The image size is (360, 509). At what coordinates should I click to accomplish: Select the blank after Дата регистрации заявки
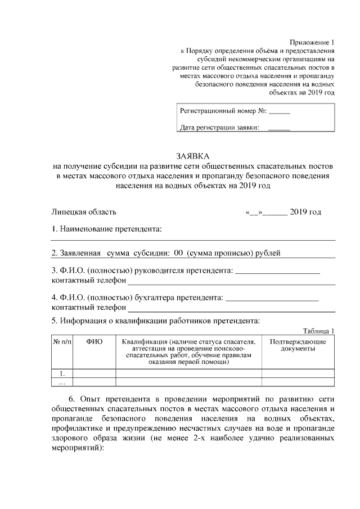point(279,128)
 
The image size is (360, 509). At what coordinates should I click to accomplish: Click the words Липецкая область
point(84,212)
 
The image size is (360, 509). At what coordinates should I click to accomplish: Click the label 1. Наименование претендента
point(106,229)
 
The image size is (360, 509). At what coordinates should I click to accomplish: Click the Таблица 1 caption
point(318,331)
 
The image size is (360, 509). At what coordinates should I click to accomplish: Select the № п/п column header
point(62,342)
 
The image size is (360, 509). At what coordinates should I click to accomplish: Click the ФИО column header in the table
point(94,342)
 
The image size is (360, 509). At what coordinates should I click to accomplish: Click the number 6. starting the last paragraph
point(79,399)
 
